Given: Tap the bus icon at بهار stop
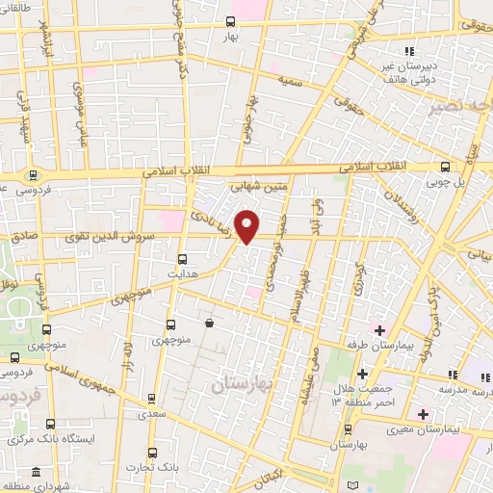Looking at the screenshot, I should [230, 21].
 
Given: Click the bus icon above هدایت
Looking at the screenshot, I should [183, 258].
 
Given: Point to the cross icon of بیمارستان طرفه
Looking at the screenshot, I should [381, 330].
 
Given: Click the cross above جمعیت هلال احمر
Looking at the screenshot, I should [362, 374].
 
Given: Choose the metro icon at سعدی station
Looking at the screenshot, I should [150, 398].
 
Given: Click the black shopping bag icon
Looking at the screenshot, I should [209, 324].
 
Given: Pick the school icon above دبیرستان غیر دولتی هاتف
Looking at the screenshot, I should [409, 50].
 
